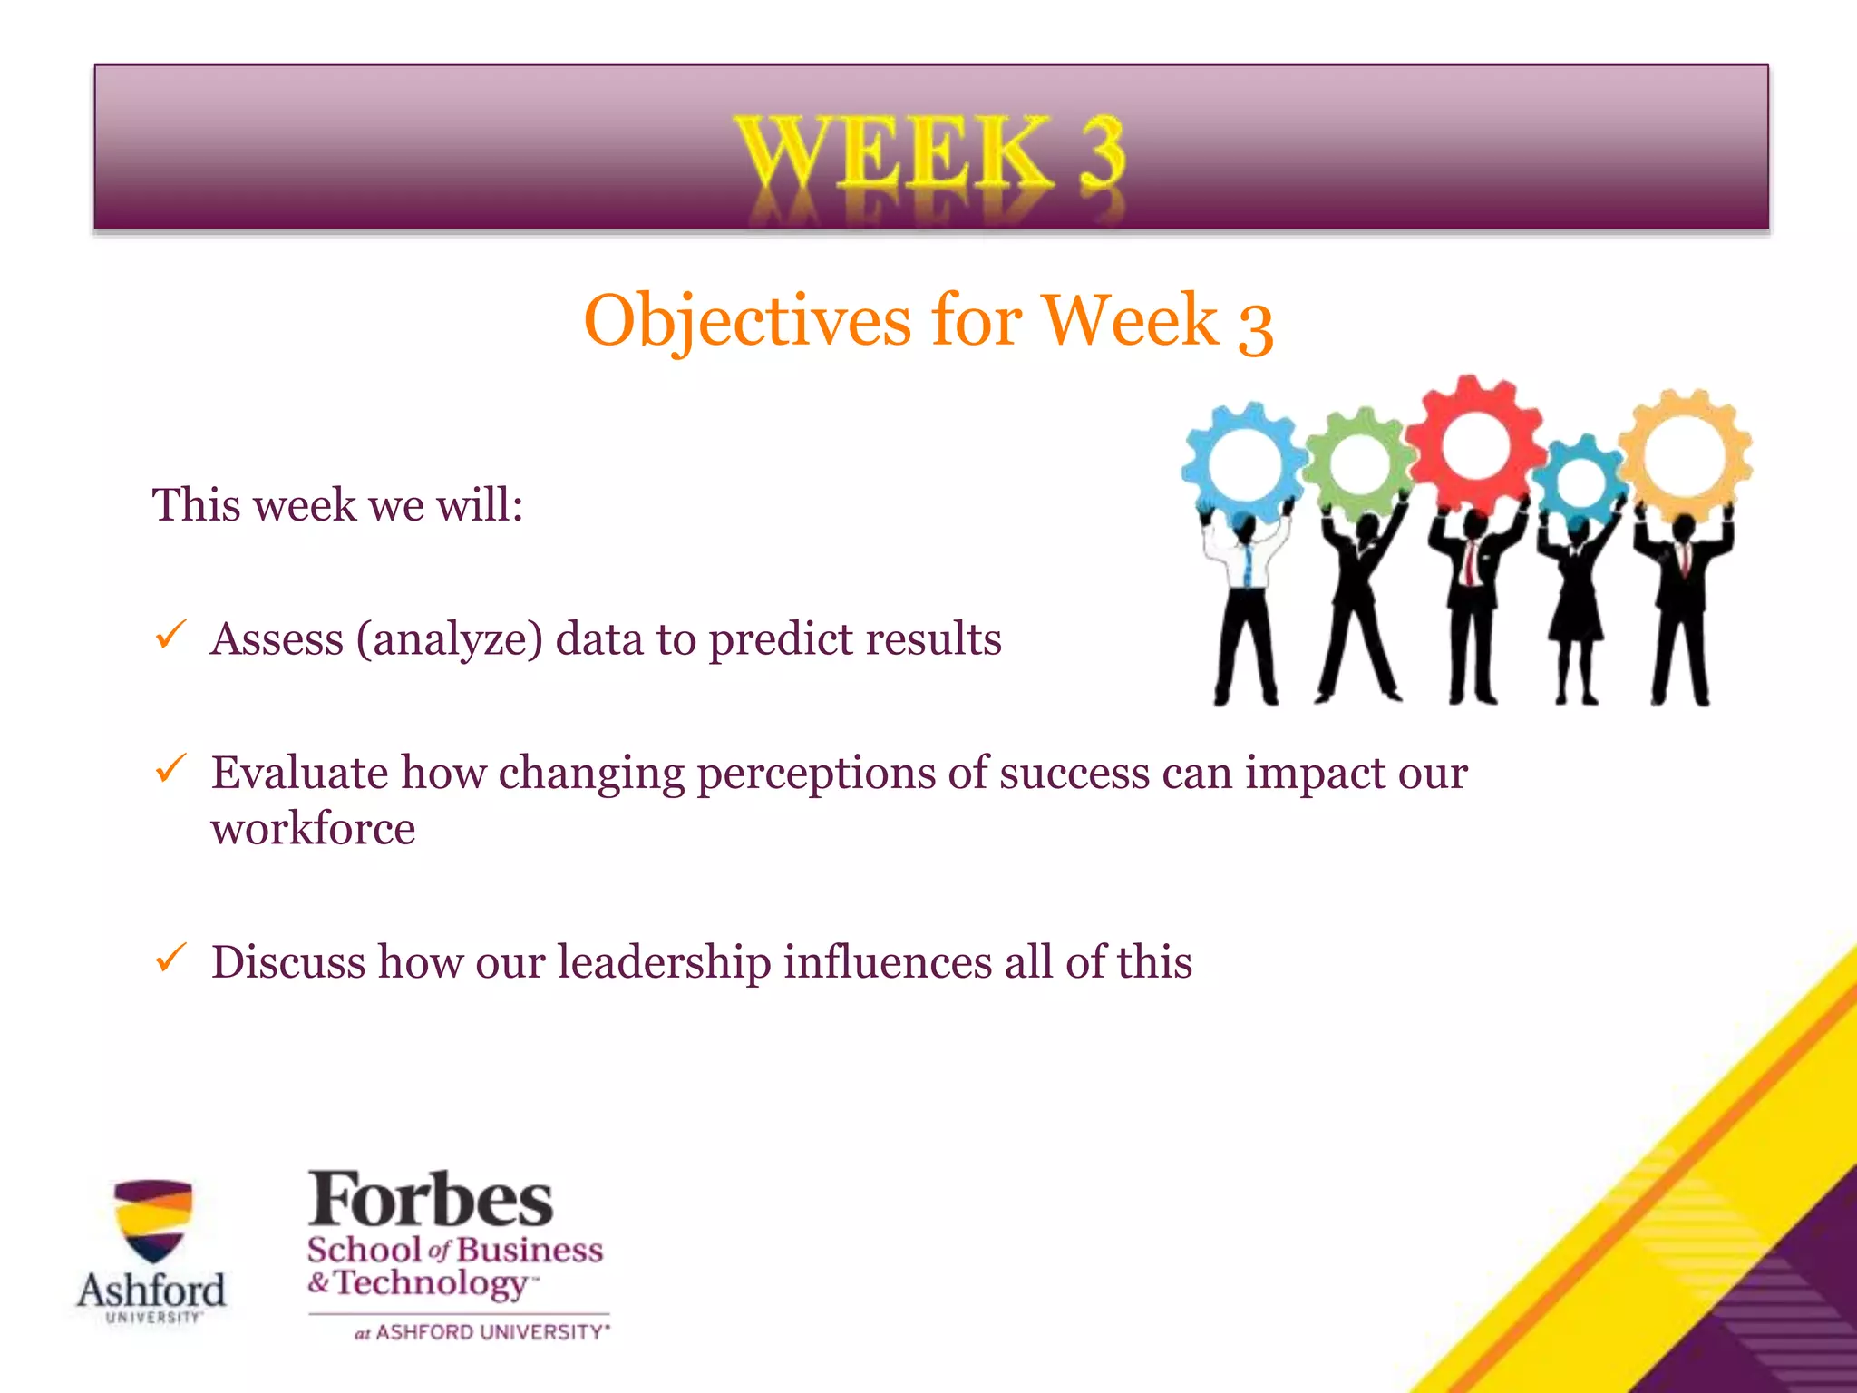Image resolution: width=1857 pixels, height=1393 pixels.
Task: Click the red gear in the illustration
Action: point(1475,444)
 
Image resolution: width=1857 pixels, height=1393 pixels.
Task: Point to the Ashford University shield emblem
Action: point(152,1220)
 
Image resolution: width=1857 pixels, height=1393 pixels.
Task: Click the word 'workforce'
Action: point(313,829)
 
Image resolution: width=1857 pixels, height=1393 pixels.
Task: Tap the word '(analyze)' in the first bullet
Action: point(449,640)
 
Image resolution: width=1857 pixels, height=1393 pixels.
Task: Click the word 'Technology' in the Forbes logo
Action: point(431,1284)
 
